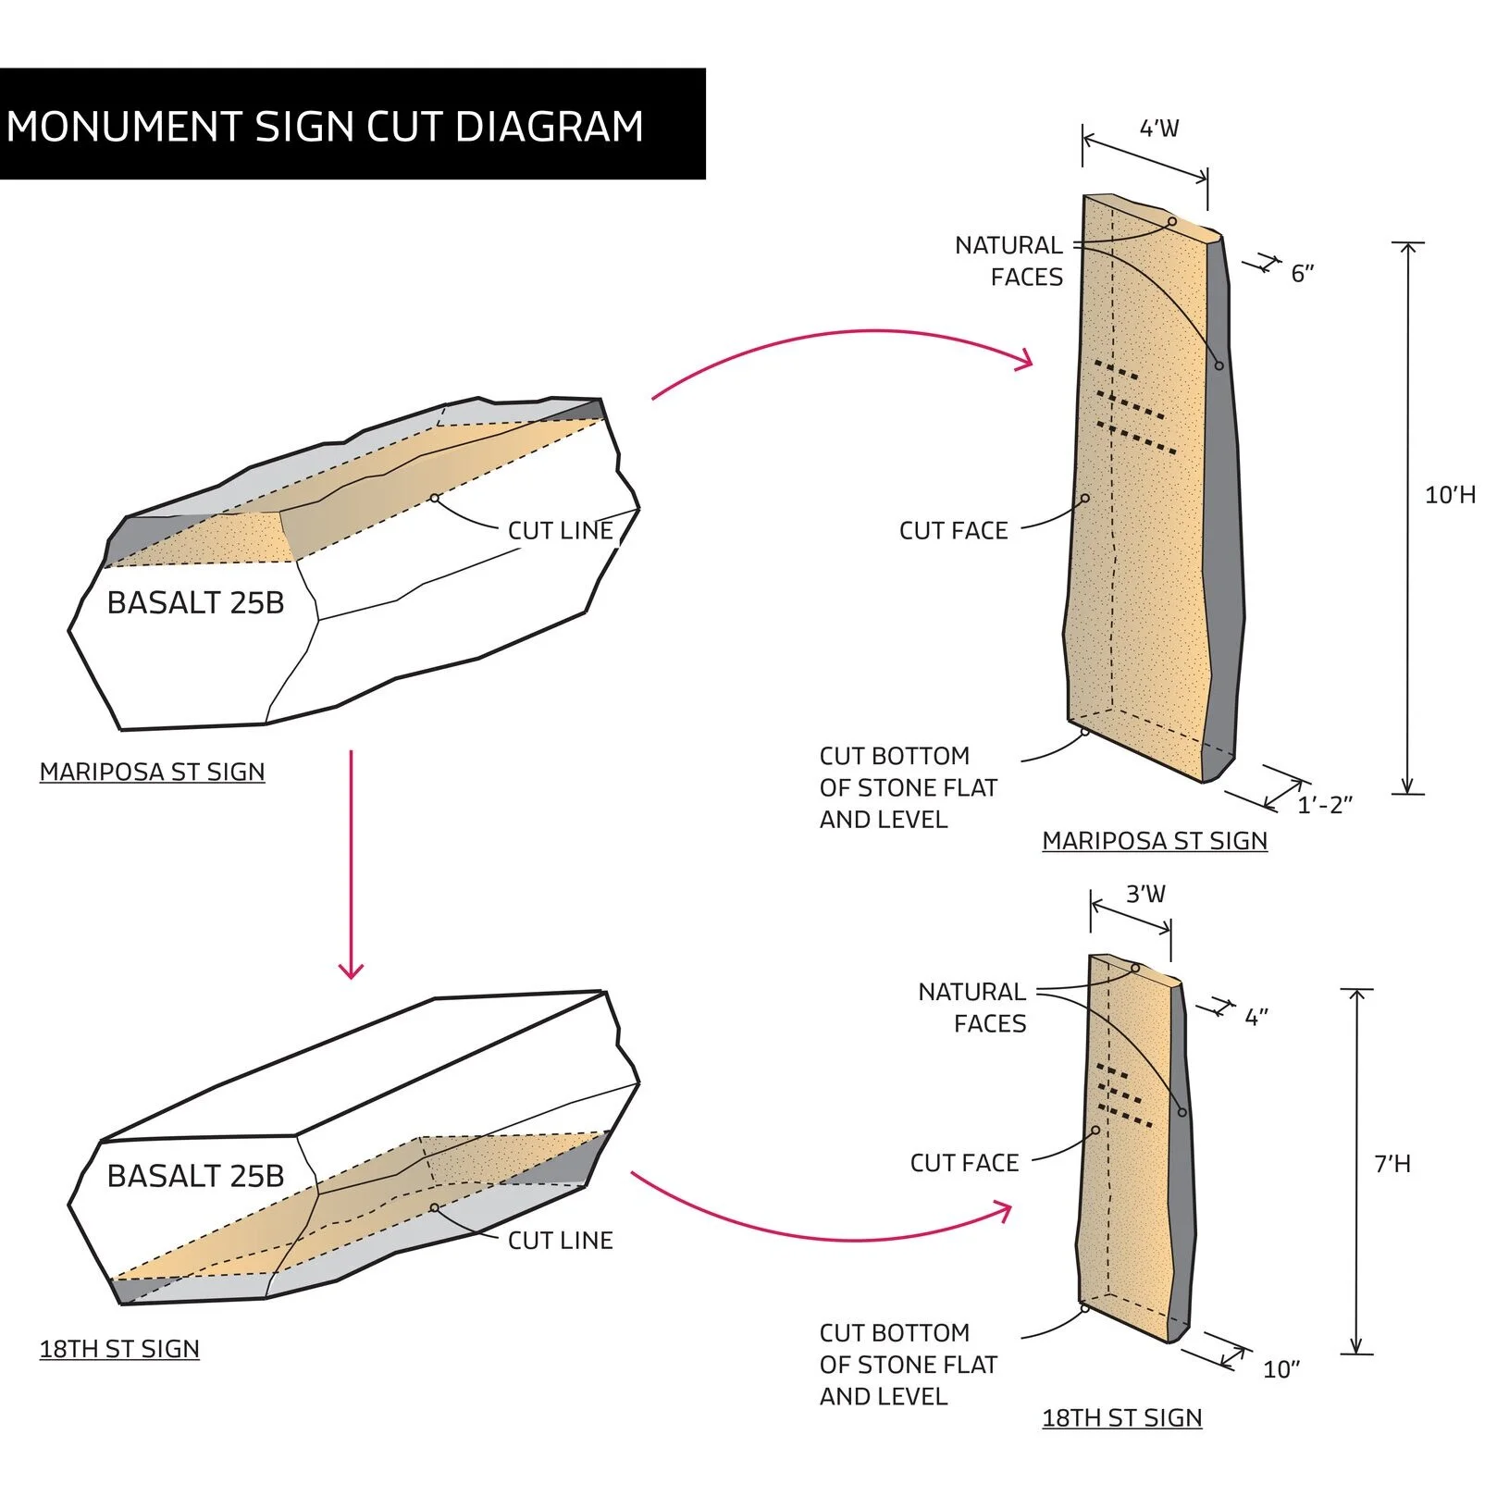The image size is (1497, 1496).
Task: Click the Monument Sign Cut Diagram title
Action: point(325,127)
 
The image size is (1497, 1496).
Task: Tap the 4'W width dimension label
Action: point(1159,129)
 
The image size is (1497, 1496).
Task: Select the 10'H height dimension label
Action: point(1450,495)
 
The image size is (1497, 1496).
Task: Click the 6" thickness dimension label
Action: point(1303,273)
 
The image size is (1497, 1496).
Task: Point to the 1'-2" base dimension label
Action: point(1325,805)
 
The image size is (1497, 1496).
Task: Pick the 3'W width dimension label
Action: point(1145,894)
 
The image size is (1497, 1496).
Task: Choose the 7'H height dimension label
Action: point(1392,1164)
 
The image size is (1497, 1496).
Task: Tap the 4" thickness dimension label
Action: point(1256,1018)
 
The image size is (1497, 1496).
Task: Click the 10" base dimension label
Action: point(1281,1369)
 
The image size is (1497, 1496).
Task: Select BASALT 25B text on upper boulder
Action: point(195,603)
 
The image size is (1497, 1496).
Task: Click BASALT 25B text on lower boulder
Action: point(195,1176)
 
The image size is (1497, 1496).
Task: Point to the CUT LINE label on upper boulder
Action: point(561,531)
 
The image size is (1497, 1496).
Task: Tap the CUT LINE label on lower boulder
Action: point(561,1241)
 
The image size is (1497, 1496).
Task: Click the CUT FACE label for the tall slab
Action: point(953,531)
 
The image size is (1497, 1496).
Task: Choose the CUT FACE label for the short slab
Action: point(964,1163)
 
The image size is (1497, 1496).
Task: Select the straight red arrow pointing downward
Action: point(351,864)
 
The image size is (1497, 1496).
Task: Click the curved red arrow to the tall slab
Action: point(841,335)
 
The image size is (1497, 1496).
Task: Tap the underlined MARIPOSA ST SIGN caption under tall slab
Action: point(1155,841)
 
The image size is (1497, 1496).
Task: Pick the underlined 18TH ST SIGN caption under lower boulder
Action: point(119,1349)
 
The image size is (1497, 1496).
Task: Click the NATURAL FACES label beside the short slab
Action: point(971,1008)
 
